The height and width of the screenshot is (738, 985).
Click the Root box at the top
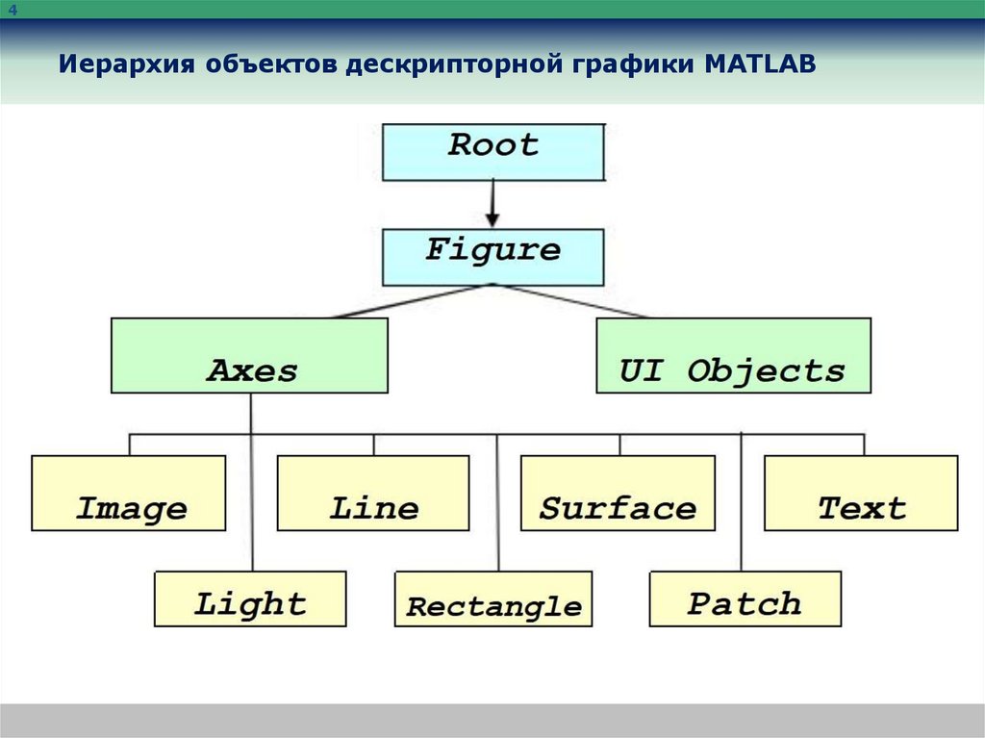tap(493, 151)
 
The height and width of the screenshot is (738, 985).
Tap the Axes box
tap(250, 355)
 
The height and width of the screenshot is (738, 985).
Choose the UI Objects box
tap(733, 355)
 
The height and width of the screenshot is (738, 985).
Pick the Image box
tap(129, 493)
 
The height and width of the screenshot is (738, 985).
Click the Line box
tap(373, 493)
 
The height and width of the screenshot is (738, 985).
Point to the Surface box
tap(618, 493)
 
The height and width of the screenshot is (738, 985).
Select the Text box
tap(861, 493)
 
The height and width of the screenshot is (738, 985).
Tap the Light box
tap(250, 598)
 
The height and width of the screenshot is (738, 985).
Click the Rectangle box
tap(493, 598)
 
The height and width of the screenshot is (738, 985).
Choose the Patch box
tap(745, 598)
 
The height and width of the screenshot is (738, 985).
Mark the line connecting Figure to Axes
tap(414, 301)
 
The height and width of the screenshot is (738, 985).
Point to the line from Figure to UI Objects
tap(572, 301)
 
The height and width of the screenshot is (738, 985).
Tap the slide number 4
tap(13, 10)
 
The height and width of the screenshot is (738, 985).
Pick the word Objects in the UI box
tap(766, 371)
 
